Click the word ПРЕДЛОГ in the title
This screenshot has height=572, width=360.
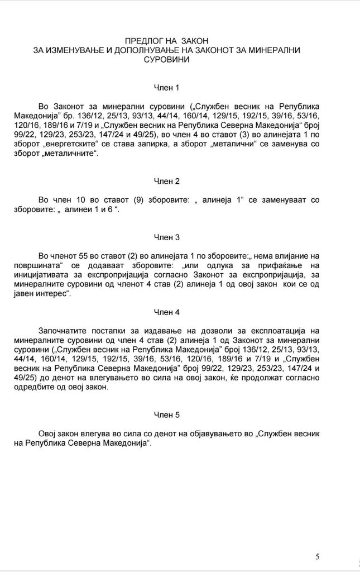pyautogui.click(x=145, y=41)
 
